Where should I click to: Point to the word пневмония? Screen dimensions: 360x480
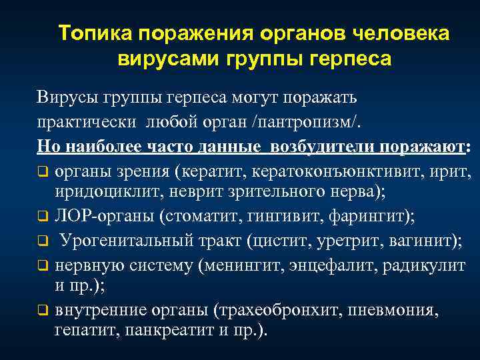coord(396,311)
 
